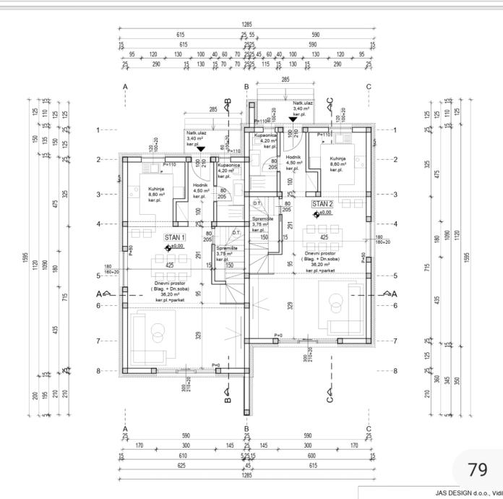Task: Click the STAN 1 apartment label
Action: (x=175, y=236)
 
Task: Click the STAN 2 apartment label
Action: (x=322, y=204)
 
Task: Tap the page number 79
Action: (x=478, y=469)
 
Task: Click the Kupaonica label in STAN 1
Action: (x=229, y=166)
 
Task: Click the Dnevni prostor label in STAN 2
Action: (x=319, y=253)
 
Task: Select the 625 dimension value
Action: (x=182, y=466)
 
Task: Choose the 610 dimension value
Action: (x=183, y=456)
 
